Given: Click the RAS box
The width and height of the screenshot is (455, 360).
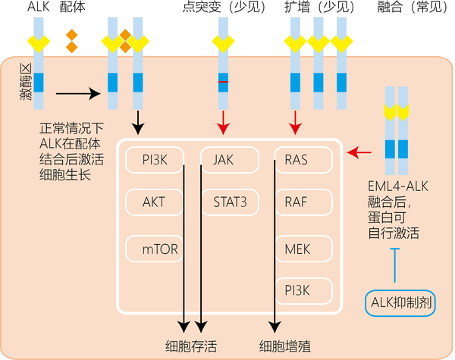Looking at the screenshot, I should [x=302, y=159].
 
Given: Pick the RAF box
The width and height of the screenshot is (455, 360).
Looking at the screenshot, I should [x=302, y=203].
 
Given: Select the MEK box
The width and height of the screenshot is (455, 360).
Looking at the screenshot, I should [x=302, y=248].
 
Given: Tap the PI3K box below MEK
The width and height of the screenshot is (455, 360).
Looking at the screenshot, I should [x=302, y=289].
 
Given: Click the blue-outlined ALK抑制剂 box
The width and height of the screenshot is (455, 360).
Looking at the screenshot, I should [x=401, y=304].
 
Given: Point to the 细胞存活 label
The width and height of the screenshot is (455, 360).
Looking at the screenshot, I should [x=191, y=346].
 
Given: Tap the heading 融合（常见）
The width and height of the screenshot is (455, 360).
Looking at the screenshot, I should [x=412, y=8].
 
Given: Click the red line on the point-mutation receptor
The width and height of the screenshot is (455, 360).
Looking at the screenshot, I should [x=223, y=81].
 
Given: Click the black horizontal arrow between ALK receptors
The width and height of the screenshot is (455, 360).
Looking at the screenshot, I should [x=78, y=94].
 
